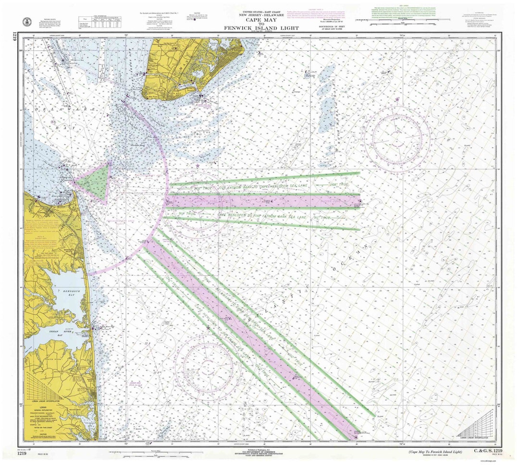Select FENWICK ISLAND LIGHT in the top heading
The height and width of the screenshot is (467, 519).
pyautogui.click(x=261, y=28)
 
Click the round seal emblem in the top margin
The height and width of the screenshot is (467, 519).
pyautogui.click(x=27, y=22)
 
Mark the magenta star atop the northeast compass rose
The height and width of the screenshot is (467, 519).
pyautogui.click(x=398, y=99)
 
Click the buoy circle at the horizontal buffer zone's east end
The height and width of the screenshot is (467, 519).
pyautogui.click(x=359, y=201)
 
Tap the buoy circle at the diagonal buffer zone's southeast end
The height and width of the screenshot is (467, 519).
pyautogui.click(x=356, y=438)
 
